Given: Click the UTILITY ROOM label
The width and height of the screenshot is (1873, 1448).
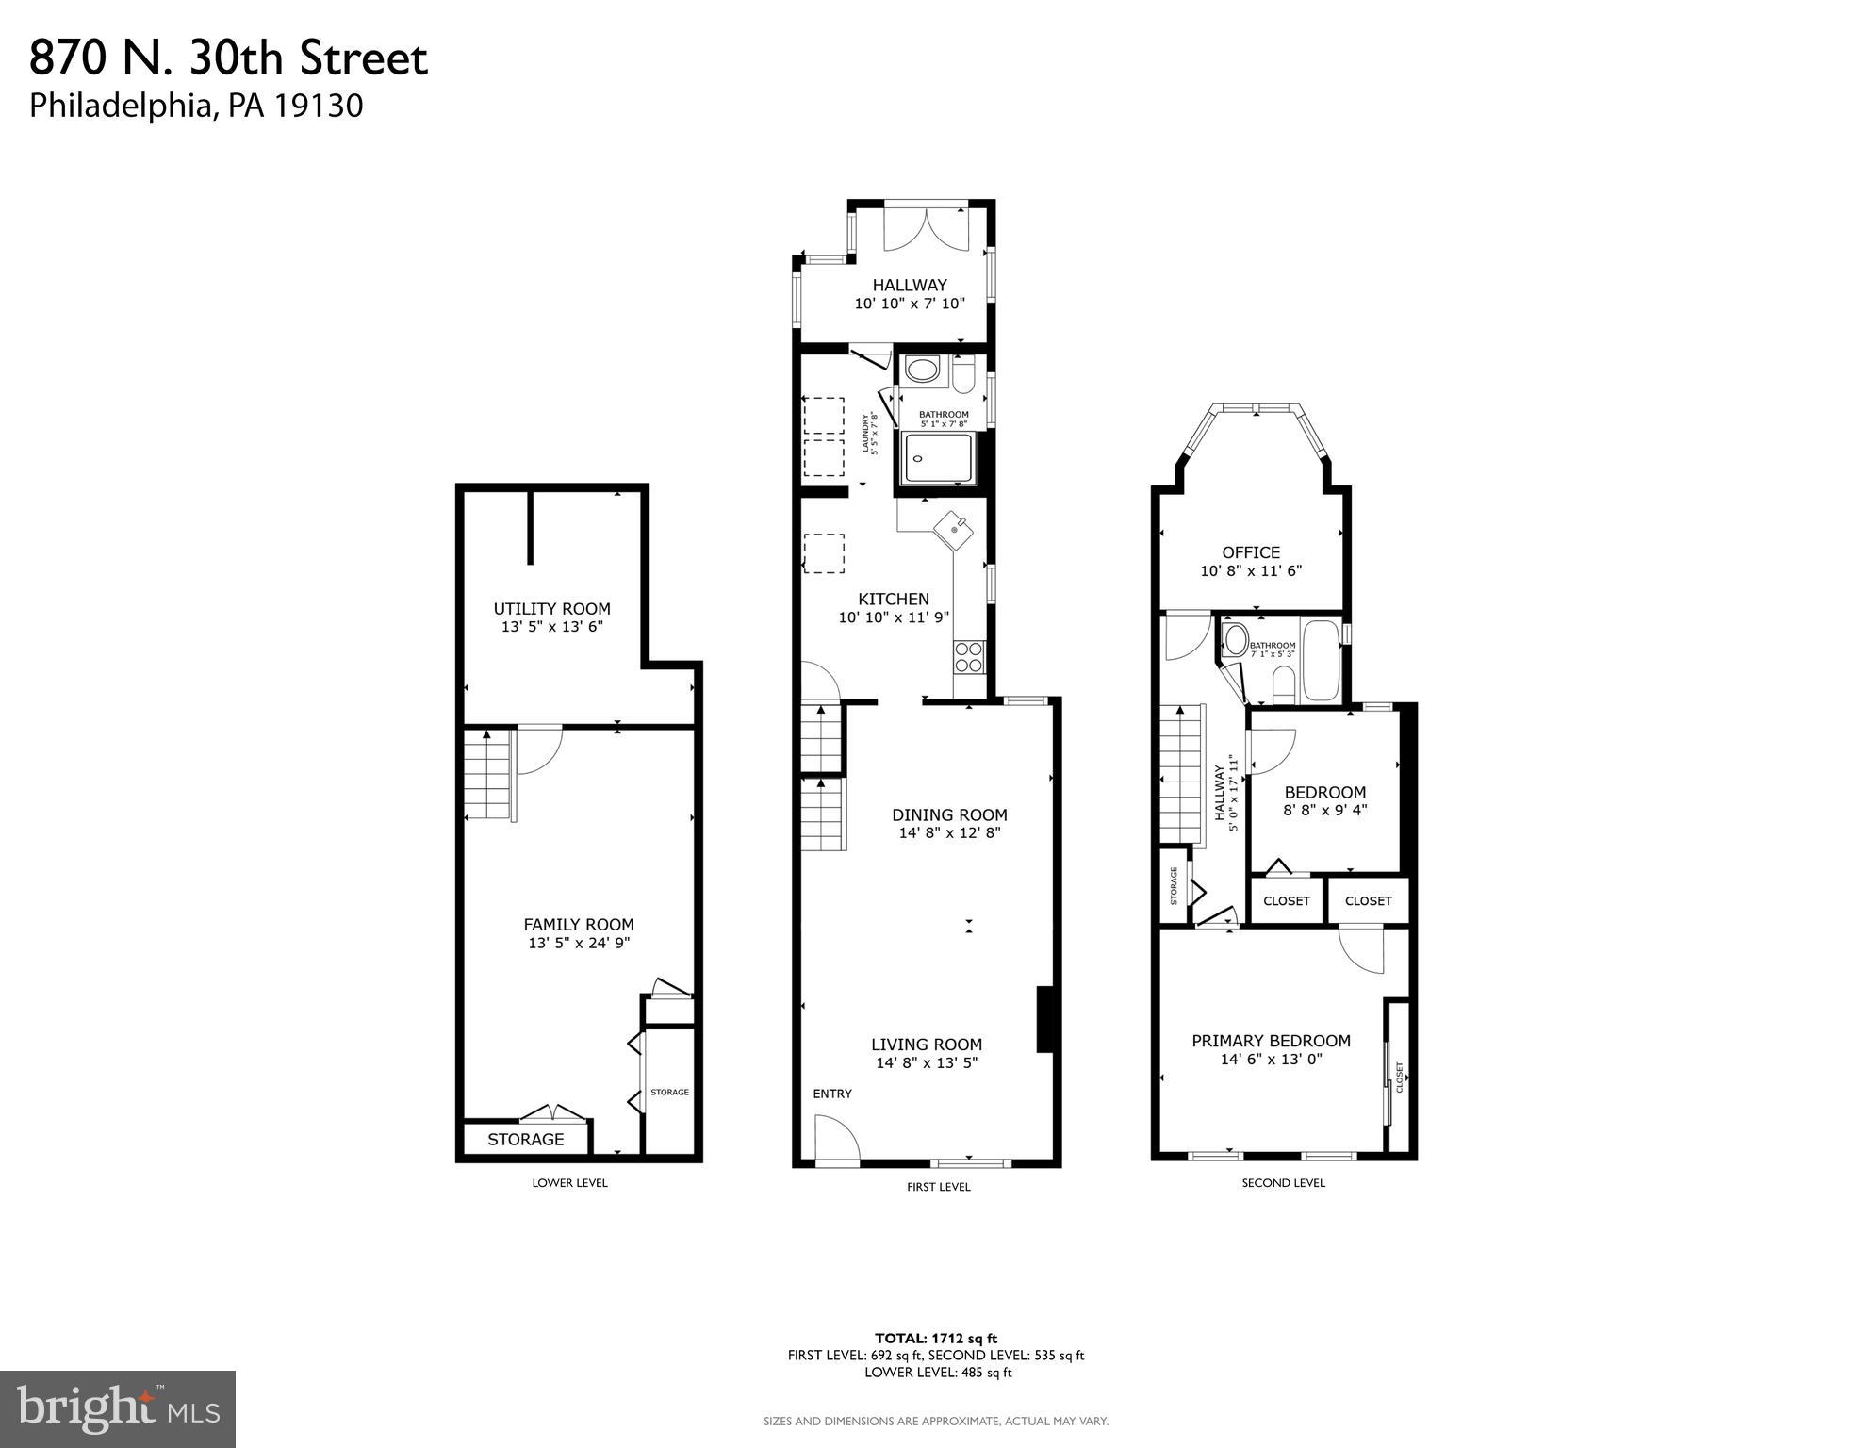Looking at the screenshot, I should coord(551,609).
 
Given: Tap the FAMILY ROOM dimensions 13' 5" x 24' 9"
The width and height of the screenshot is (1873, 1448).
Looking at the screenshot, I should coord(578,943).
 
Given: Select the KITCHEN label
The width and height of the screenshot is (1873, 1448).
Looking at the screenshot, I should coord(893,599).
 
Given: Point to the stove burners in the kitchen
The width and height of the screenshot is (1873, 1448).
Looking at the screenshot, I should coord(969,656).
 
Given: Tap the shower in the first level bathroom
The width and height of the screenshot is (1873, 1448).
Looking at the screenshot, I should coord(937,459).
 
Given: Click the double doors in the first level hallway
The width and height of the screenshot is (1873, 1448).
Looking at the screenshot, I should coord(926,229).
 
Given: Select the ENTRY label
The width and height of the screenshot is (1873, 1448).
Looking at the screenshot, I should coord(831,1094).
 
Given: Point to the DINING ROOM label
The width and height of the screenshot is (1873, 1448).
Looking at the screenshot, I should coord(949,814).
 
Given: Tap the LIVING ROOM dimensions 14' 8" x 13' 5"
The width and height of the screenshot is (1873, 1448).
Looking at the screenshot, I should coord(926,1063).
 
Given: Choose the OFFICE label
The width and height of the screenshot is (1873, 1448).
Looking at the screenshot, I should coord(1251,552).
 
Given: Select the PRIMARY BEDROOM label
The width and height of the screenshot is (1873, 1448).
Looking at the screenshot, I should coord(1271,1041).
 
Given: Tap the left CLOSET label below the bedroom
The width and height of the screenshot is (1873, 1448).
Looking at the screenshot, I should coord(1286,901).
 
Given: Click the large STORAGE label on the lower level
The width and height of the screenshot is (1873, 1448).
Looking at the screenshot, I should coord(525,1139).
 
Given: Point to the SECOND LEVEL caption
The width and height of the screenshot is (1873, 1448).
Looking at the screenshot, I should coord(1283,1183).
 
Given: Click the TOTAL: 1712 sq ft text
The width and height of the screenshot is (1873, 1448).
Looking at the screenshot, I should coord(935,1338).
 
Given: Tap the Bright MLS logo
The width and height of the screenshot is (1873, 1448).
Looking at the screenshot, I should coord(117,1408).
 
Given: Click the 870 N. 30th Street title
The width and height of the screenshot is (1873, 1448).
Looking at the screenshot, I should coord(228,58).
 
